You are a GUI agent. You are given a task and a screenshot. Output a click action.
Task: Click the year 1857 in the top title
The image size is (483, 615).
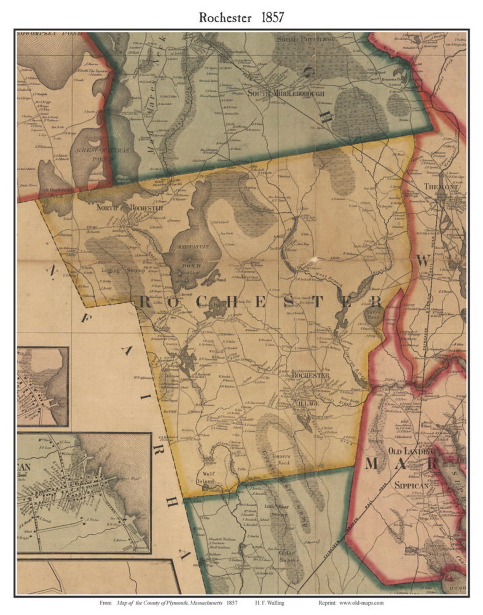pyautogui.click(x=272, y=18)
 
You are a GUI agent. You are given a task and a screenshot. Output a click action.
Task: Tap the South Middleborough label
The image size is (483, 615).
pyautogui.click(x=286, y=93)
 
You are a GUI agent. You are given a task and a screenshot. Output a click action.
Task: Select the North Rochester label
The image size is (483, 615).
pyautogui.click(x=130, y=208)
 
